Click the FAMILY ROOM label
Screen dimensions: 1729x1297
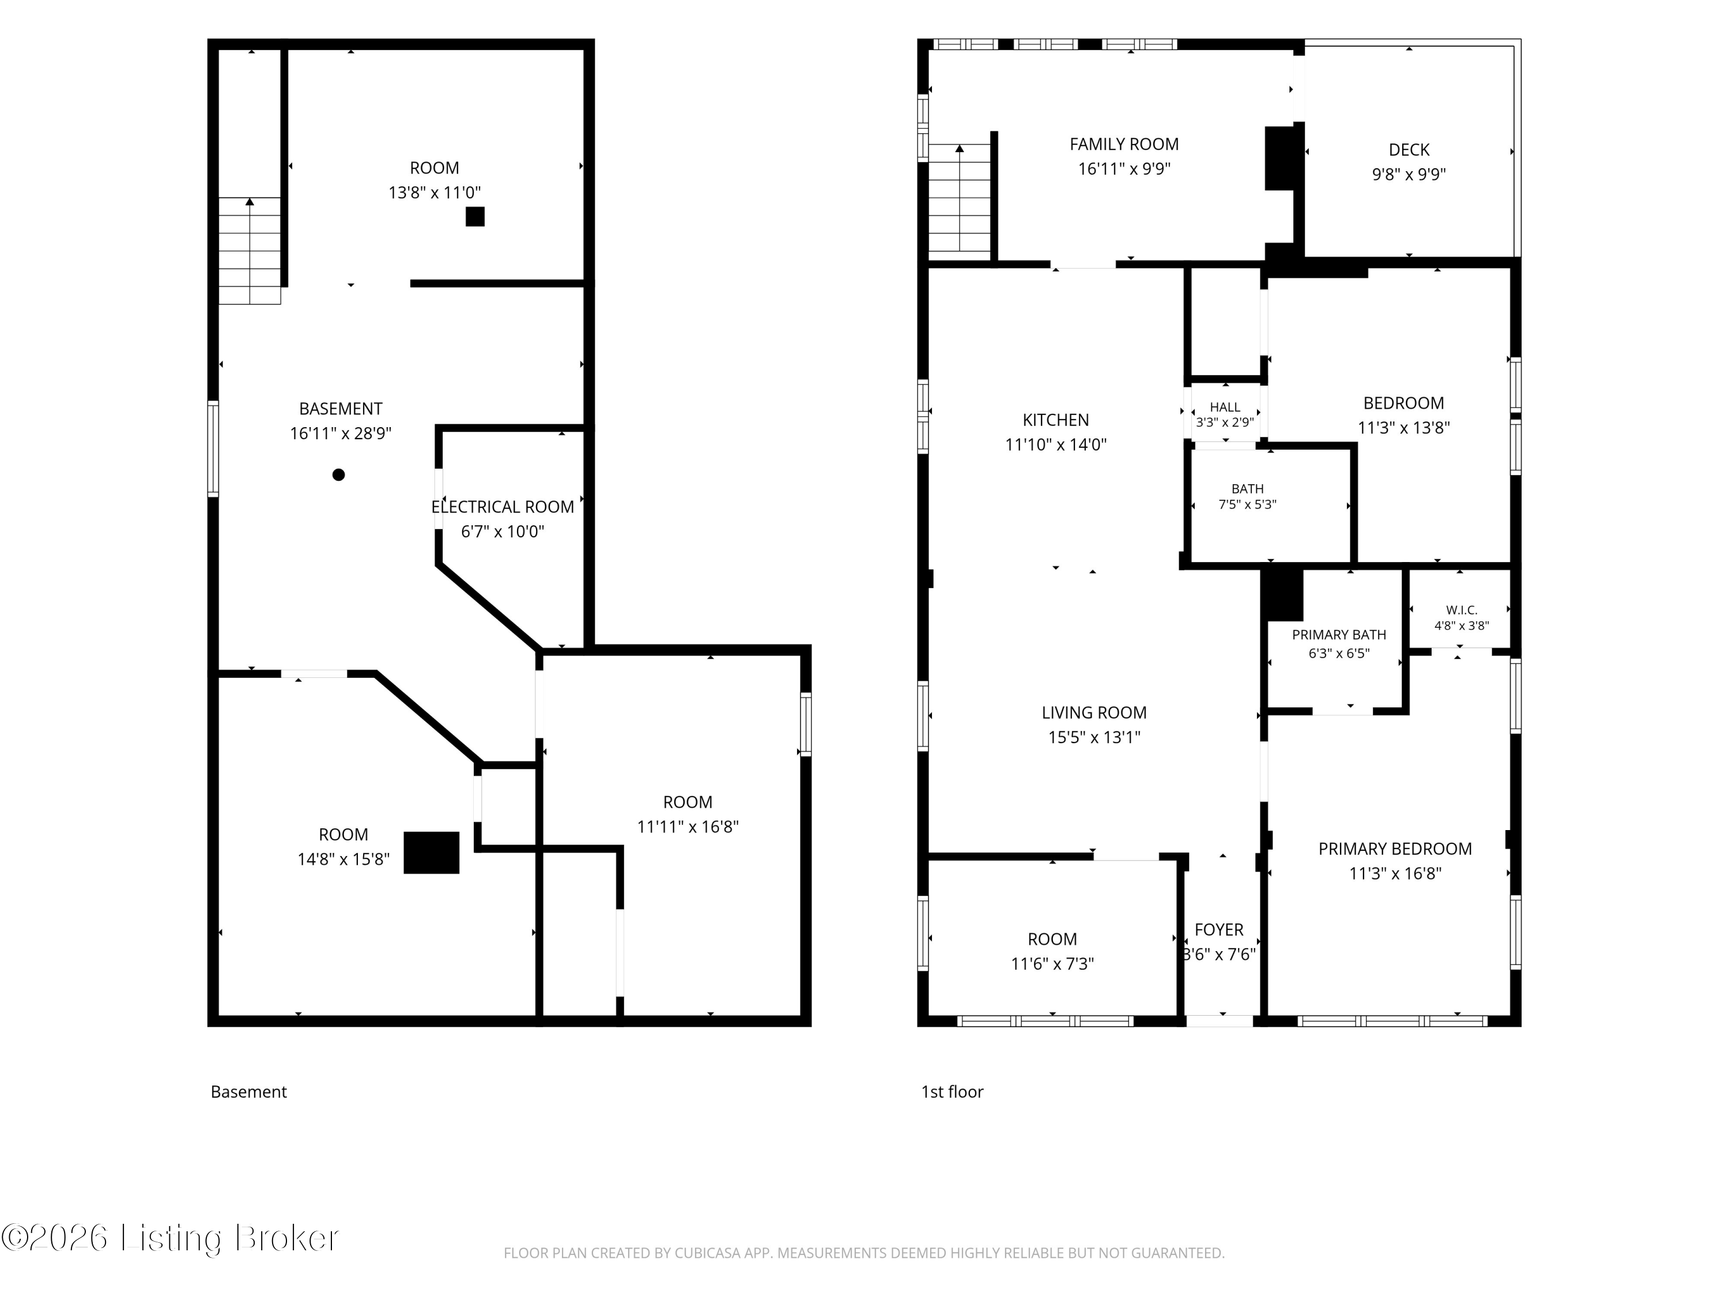1124,144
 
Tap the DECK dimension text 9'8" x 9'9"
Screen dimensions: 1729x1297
1409,174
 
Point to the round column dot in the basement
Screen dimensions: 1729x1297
338,474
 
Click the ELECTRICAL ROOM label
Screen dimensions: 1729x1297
503,507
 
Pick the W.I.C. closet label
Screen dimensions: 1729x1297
1462,610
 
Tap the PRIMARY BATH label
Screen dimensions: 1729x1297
1339,635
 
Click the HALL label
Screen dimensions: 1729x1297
1225,408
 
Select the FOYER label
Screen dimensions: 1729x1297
1218,930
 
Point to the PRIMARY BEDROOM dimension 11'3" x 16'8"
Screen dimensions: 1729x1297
1395,873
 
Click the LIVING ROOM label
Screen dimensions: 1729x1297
1094,712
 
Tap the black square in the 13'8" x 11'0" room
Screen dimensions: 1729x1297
475,217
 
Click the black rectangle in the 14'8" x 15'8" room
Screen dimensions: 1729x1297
432,852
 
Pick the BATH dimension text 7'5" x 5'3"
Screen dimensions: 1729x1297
1248,504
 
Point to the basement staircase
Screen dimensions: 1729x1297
250,250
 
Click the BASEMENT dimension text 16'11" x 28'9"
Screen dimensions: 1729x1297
341,433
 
